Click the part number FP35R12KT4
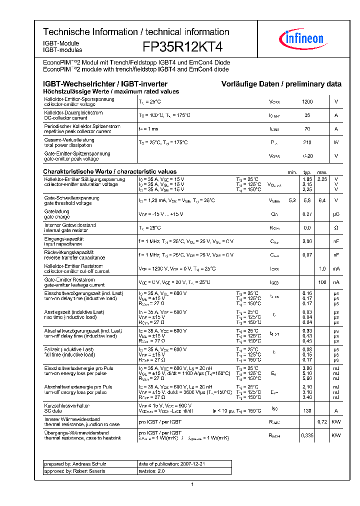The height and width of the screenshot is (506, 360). click(182, 47)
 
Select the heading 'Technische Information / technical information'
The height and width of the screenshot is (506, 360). click(136, 32)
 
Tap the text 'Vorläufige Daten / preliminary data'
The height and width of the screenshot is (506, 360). click(281, 84)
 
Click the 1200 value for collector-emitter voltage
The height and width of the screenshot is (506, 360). click(307, 102)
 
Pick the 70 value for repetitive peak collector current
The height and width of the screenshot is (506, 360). click(307, 129)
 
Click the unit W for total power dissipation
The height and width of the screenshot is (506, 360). click(336, 142)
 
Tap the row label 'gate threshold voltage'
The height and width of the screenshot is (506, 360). click(68, 203)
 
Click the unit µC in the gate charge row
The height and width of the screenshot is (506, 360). click(336, 214)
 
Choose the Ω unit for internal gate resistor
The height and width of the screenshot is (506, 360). click(336, 228)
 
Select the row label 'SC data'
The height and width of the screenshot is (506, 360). click(53, 410)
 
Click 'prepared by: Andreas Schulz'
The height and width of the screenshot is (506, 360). click(75, 464)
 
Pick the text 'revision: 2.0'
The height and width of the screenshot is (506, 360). click(151, 471)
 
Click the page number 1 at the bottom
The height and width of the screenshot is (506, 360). click(192, 484)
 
